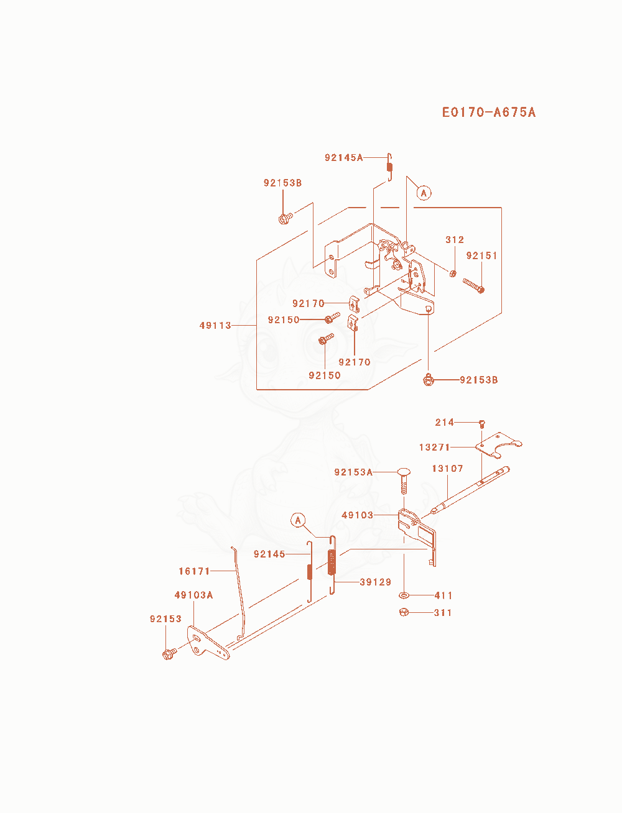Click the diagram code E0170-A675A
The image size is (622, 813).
click(488, 113)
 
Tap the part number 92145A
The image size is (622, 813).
click(343, 157)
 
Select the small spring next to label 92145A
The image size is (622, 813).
click(389, 167)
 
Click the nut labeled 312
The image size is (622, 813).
click(453, 274)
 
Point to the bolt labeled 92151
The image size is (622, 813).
click(474, 286)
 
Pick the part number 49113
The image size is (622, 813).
click(215, 326)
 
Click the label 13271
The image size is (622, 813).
click(434, 448)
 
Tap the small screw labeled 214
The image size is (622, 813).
click(482, 424)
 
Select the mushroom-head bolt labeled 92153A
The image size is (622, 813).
click(404, 481)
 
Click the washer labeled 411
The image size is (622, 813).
click(404, 595)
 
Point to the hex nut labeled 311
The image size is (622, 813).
click(404, 612)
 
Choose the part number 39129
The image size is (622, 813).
click(376, 582)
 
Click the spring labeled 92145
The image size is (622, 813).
click(310, 571)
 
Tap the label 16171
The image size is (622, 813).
click(194, 571)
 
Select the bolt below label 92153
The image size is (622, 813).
click(169, 655)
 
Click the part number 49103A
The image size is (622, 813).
click(193, 595)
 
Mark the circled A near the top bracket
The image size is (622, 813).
click(424, 193)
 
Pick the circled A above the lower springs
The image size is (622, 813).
click(298, 520)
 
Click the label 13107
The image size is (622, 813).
click(447, 469)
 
